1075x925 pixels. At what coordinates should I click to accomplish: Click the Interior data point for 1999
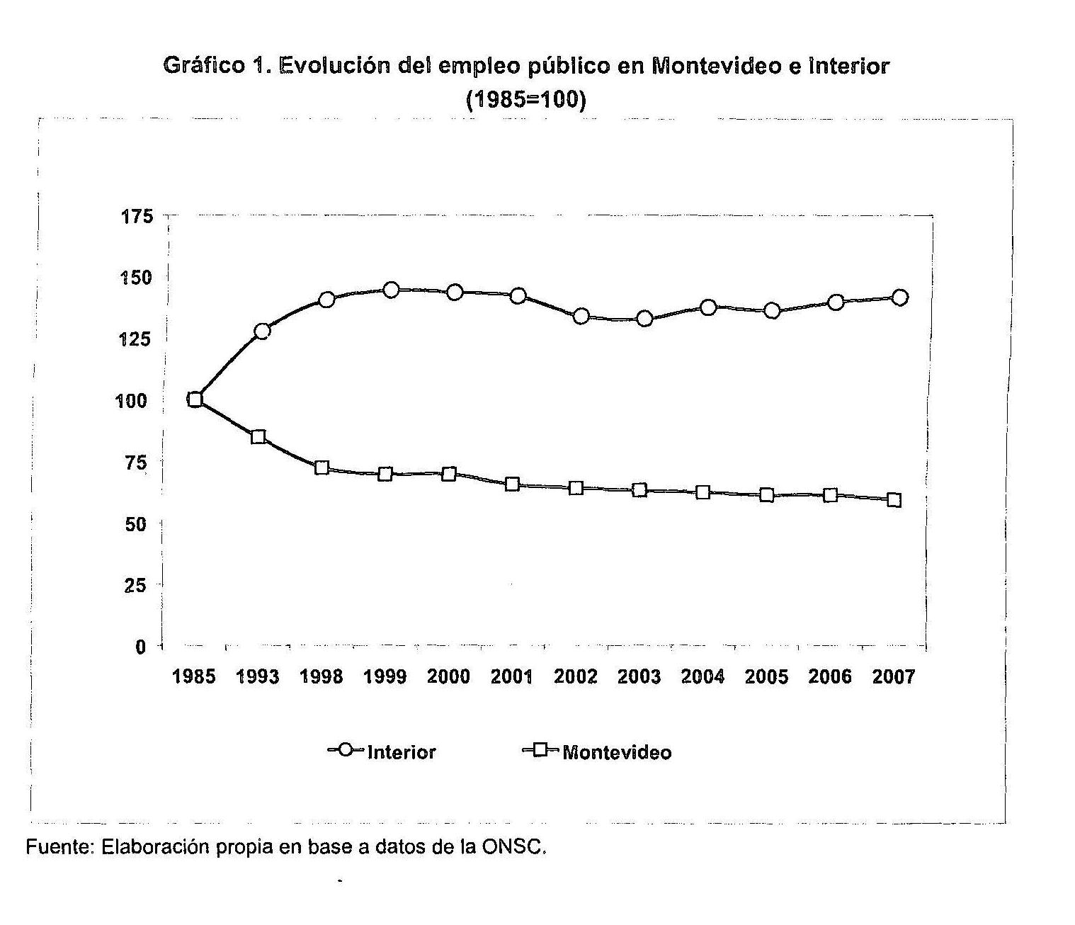(x=391, y=290)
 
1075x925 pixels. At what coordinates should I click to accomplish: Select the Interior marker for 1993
(x=262, y=331)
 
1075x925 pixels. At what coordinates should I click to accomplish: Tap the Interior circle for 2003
(x=644, y=319)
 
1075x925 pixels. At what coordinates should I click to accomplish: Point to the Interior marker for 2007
(x=900, y=297)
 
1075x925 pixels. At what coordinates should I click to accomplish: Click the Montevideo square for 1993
(x=258, y=437)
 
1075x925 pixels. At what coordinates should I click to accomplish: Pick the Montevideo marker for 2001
(x=512, y=484)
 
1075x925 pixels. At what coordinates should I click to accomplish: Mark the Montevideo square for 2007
(x=894, y=500)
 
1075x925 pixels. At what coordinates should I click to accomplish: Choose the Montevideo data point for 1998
(x=322, y=467)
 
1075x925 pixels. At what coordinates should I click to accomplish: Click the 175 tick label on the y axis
(x=138, y=216)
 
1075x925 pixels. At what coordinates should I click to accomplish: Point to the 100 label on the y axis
(x=131, y=401)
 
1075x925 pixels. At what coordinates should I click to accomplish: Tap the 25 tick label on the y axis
(x=135, y=585)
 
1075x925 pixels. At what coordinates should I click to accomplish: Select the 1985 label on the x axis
(x=194, y=677)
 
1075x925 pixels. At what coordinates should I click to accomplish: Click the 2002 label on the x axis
(x=576, y=677)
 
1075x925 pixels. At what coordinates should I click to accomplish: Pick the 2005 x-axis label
(x=766, y=677)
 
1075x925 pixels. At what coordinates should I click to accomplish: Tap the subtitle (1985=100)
(x=526, y=100)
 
